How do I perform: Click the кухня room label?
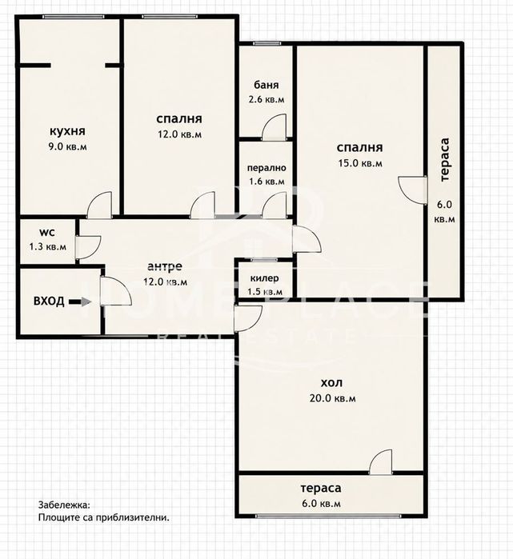(x=67, y=131)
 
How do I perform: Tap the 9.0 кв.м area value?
(x=67, y=146)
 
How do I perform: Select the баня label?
(x=267, y=85)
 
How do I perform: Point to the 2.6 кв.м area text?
(x=267, y=99)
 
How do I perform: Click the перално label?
(x=267, y=168)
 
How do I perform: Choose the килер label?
(x=264, y=278)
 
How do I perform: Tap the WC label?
(x=47, y=233)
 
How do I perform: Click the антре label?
(x=165, y=266)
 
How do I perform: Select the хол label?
(x=332, y=383)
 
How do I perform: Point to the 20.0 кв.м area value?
(x=332, y=398)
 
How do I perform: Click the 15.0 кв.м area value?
(x=360, y=163)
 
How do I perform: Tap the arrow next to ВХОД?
(x=80, y=301)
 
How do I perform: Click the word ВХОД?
(x=49, y=301)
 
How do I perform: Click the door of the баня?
(x=274, y=126)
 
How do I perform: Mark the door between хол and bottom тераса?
(x=380, y=462)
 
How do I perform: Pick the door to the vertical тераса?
(x=413, y=190)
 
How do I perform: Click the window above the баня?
(x=267, y=43)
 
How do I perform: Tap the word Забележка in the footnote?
(x=64, y=505)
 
